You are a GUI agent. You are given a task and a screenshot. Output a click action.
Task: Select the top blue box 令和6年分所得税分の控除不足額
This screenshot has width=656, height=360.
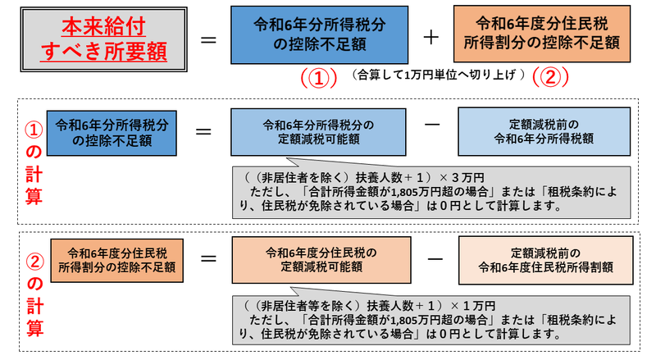(x=319, y=34)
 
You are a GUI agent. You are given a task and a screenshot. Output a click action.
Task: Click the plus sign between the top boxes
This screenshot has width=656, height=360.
(x=430, y=38)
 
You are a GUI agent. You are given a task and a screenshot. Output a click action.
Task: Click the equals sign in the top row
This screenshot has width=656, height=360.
(x=208, y=39)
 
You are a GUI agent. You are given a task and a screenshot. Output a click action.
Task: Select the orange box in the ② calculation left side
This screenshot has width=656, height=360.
(x=116, y=260)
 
